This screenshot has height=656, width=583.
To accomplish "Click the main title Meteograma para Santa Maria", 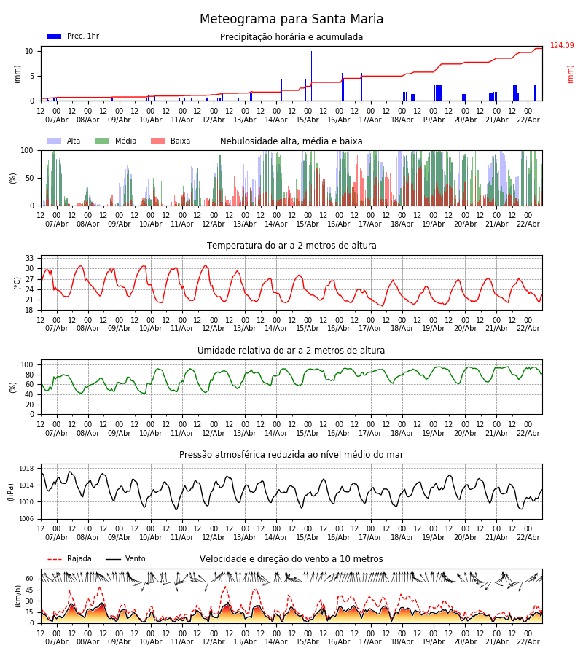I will coord(291,20).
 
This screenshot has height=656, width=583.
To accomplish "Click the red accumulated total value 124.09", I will coord(562,46).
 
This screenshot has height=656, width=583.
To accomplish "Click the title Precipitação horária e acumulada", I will coord(291,37).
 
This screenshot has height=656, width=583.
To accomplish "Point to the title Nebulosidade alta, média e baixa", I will coord(291,141).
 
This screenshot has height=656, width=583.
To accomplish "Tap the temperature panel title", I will coord(291,246).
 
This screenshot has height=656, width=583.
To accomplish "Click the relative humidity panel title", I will coord(291,351).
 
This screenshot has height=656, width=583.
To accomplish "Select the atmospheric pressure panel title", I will coord(291,455).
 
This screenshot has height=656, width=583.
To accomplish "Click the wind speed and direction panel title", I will coord(291,559).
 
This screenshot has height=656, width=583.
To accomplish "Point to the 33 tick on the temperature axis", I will coord(30,258).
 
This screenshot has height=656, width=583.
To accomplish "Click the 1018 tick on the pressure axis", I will coord(26,469).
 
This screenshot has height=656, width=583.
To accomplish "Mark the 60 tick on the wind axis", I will coord(30,579).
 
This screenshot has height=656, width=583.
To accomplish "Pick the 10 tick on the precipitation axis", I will coord(30,51).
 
